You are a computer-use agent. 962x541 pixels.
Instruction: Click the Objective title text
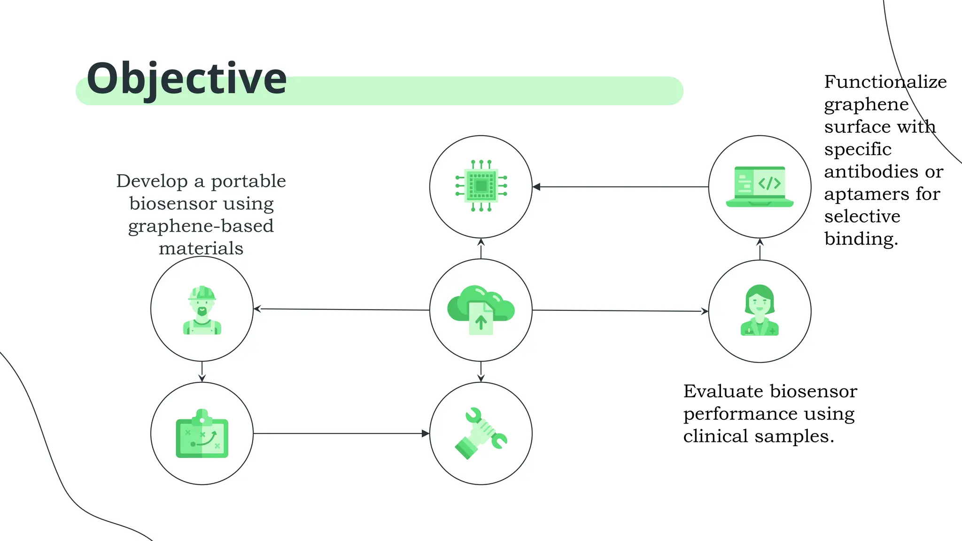186,79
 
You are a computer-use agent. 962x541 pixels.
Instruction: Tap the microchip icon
481,186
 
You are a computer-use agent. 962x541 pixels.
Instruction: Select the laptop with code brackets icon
760,186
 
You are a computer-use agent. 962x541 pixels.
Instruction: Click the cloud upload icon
481,309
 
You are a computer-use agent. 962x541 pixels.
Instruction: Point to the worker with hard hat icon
202,310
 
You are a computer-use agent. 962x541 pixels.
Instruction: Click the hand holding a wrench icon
481,433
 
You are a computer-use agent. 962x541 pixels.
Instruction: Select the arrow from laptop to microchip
620,187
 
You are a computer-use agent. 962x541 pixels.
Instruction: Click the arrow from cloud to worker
341,309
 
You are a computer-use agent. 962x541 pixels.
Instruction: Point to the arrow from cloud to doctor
620,310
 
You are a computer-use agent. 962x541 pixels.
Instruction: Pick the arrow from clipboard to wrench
341,433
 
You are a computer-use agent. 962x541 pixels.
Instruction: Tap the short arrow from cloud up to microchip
481,248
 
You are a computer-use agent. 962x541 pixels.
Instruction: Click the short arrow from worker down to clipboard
202,371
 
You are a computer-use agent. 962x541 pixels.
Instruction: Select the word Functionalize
885,82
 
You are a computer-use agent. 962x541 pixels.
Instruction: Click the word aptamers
868,194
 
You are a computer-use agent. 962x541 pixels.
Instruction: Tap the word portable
248,181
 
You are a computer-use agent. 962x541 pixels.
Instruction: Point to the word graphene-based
201,226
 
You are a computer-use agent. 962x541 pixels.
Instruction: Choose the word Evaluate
723,391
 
